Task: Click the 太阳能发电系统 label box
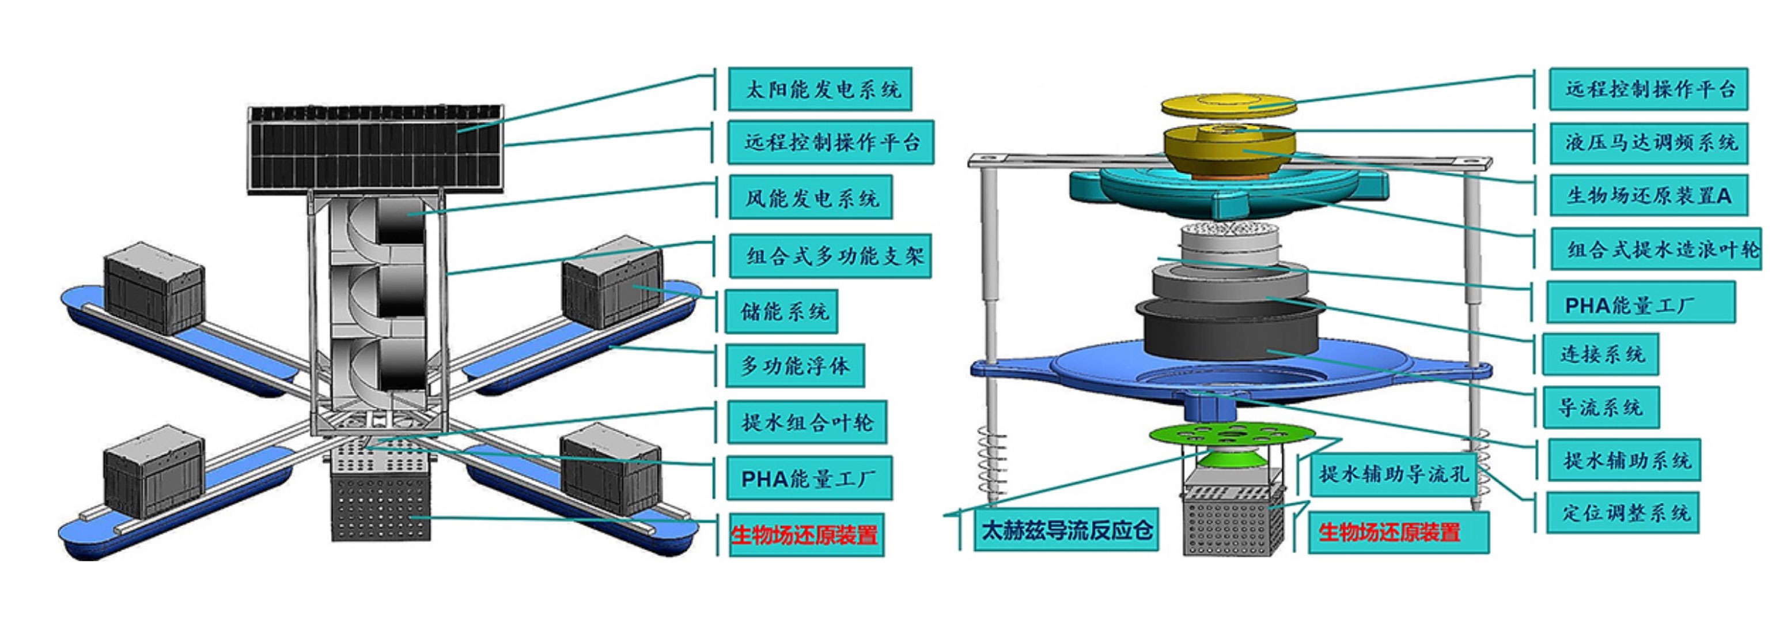(819, 89)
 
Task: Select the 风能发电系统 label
(810, 198)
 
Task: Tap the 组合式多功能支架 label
(830, 255)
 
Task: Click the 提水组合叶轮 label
(807, 422)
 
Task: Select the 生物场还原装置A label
(1648, 196)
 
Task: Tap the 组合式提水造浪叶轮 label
(1656, 249)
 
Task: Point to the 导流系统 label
(1600, 407)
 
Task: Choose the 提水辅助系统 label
(1624, 459)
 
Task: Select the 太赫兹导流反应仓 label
(1066, 531)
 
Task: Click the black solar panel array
(375, 150)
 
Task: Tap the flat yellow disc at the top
(1229, 105)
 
